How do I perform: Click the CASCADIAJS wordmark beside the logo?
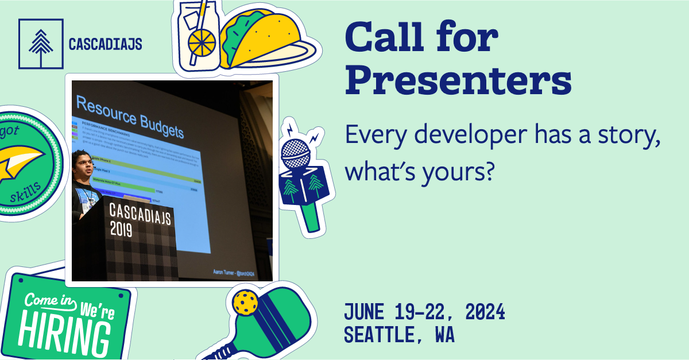point(105,44)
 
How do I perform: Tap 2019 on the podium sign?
point(121,229)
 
